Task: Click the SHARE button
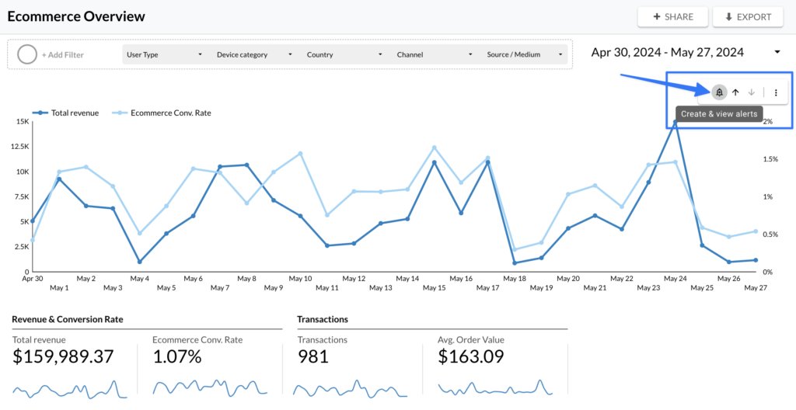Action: click(x=672, y=16)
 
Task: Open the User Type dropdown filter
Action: click(x=164, y=55)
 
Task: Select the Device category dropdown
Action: click(x=254, y=55)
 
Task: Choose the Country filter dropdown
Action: click(x=344, y=55)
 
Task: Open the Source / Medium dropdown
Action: click(x=524, y=55)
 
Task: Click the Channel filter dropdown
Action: click(x=435, y=55)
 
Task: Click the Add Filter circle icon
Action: click(x=27, y=54)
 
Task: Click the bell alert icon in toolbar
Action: click(x=720, y=92)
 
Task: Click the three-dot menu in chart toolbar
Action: click(x=776, y=92)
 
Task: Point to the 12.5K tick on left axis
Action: click(x=19, y=147)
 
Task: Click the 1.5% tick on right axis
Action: click(x=770, y=159)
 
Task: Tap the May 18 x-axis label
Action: click(x=515, y=278)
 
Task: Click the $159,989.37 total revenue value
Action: click(x=63, y=356)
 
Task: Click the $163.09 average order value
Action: click(x=471, y=356)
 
